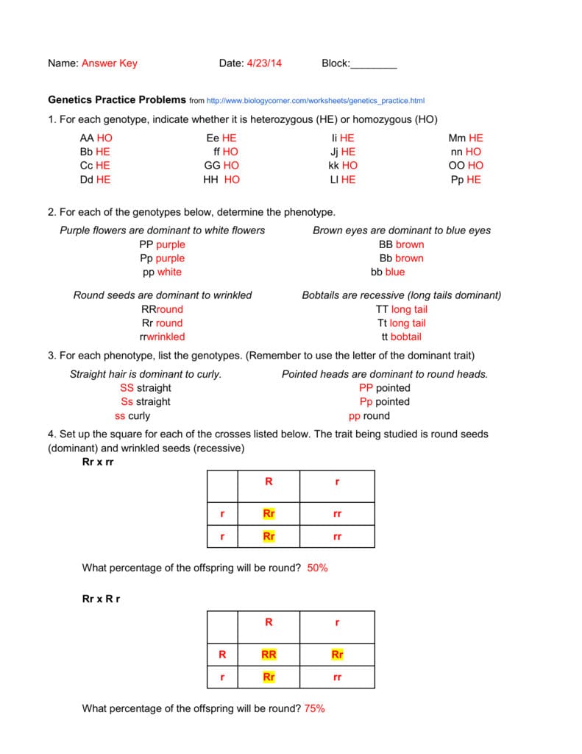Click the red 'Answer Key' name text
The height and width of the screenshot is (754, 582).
pos(109,63)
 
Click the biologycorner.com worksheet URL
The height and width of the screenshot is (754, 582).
pos(316,101)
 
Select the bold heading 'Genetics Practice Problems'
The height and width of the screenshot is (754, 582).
pos(117,100)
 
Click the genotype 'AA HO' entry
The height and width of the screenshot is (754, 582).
pos(96,138)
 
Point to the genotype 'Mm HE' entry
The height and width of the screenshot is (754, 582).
pos(466,138)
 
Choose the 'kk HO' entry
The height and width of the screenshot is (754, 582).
pos(343,166)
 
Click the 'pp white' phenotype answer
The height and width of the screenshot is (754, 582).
pos(162,272)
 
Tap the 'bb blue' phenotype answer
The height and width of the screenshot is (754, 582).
pos(388,272)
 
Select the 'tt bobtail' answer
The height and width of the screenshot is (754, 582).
pos(401,337)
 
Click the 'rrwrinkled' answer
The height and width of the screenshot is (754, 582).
pos(162,337)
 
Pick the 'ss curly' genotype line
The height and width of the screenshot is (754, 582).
pos(132,415)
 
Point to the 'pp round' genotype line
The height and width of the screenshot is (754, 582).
pos(369,415)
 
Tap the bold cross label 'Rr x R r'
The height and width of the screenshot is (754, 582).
pos(101,599)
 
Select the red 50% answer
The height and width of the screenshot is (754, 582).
pos(318,568)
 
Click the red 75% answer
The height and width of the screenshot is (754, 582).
pos(314,708)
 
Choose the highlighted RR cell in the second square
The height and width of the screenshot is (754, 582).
pos(269,654)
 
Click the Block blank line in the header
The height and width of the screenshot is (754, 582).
pos(373,64)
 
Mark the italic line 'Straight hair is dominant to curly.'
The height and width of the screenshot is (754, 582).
pos(145,374)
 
